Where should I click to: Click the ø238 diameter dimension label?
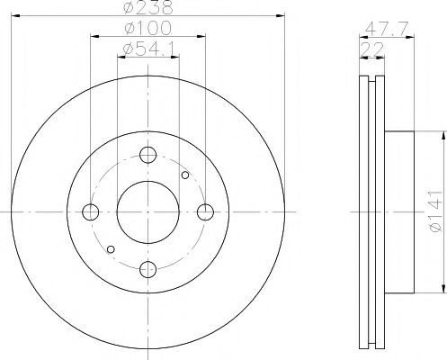tap(148, 7)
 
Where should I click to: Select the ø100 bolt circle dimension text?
tap(148, 28)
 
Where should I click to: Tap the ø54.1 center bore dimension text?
tap(148, 49)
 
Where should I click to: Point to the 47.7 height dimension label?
tap(387, 29)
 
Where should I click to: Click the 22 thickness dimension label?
tap(372, 49)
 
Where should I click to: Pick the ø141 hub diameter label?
tap(435, 211)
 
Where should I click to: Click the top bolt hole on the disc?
tap(148, 155)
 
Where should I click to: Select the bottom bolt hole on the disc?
tap(148, 269)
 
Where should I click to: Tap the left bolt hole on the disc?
tap(91, 211)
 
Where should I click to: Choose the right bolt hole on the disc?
tap(205, 211)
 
